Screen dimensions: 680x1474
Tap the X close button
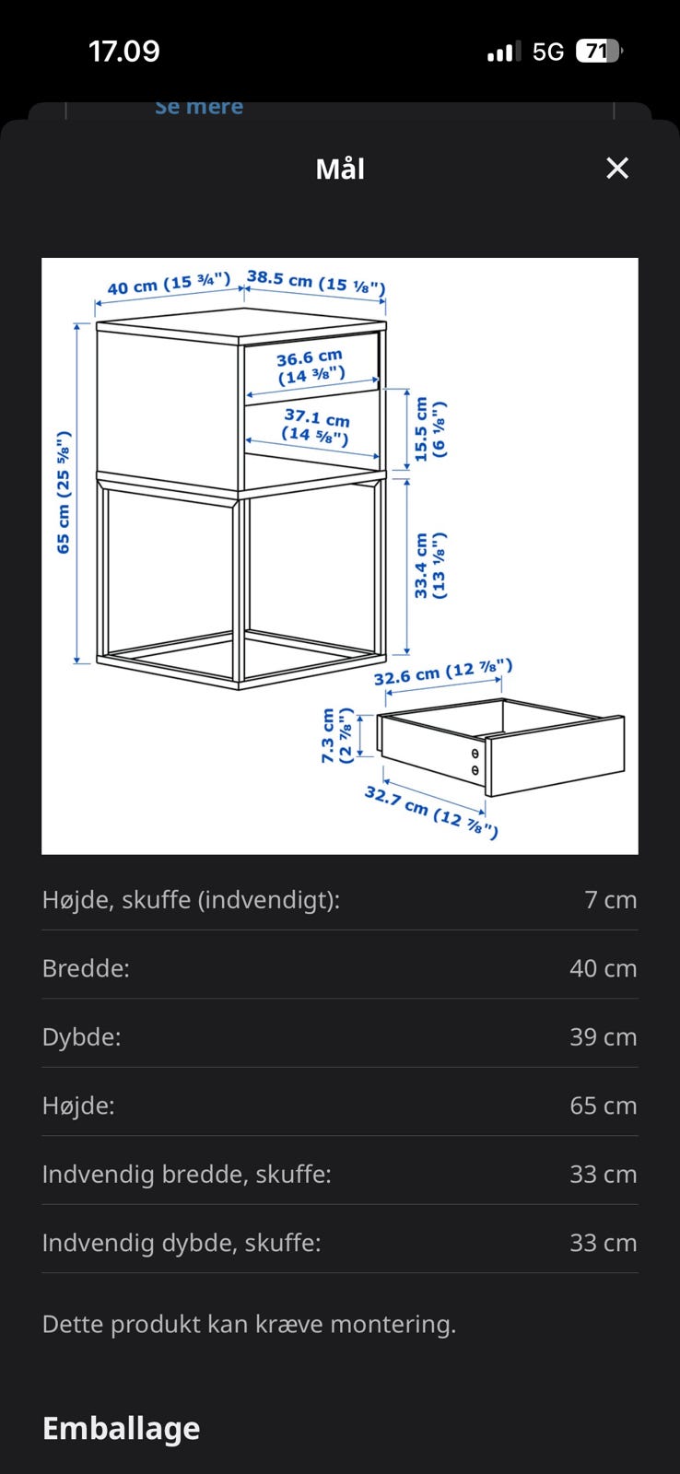616,168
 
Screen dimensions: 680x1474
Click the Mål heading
340,169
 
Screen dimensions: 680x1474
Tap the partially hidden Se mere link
199,107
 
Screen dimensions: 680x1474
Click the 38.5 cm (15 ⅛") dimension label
316,282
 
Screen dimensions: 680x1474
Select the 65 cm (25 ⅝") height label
64,492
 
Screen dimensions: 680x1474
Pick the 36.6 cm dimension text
310,357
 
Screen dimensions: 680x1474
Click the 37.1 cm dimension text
317,417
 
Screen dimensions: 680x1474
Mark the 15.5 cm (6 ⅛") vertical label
430,429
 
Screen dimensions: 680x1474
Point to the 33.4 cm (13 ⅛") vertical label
430,566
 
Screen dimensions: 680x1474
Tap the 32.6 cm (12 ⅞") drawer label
443,672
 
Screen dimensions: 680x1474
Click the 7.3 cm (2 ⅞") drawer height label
336,736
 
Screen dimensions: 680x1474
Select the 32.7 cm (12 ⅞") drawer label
431,812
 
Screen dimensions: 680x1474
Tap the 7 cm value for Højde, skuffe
610,899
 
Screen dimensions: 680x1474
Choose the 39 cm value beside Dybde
603,1036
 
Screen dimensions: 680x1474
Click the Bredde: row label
86,968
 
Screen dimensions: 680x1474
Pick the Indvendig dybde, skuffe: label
182,1243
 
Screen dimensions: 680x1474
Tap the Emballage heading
121,1429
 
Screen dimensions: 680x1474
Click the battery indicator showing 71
598,52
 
